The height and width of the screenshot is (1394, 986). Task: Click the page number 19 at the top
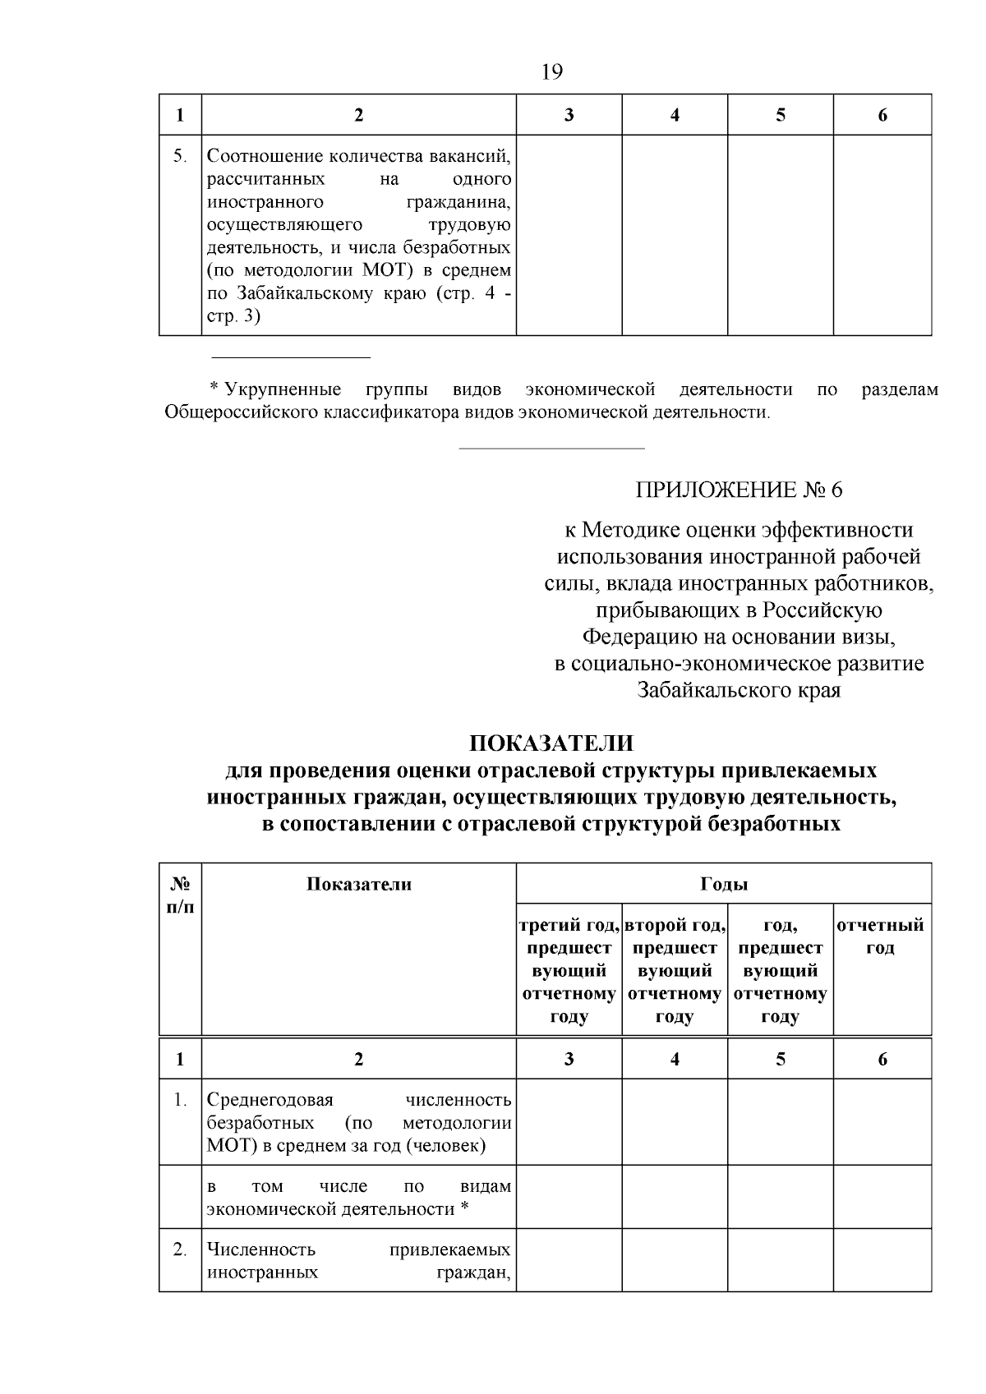[x=552, y=72]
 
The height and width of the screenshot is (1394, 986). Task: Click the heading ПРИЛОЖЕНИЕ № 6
[x=739, y=490]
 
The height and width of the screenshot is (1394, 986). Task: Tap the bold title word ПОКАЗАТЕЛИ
[x=551, y=743]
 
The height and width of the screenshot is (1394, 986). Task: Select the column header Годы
[x=723, y=885]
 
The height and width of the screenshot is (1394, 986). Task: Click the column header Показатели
[x=358, y=885]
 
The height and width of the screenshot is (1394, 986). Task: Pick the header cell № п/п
[x=180, y=895]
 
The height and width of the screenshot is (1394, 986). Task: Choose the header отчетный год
[x=881, y=936]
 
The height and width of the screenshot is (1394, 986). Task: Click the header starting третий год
[x=569, y=926]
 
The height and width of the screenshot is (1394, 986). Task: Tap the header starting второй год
[x=675, y=926]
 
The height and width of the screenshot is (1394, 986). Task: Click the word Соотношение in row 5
[x=264, y=156]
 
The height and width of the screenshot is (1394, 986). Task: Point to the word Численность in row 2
[x=261, y=1250]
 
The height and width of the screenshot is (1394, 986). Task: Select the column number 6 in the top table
[x=882, y=116]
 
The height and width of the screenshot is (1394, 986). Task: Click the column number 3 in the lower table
[x=569, y=1060]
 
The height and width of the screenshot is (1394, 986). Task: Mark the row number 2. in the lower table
[x=180, y=1250]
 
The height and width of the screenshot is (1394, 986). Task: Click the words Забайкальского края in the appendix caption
[x=739, y=690]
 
